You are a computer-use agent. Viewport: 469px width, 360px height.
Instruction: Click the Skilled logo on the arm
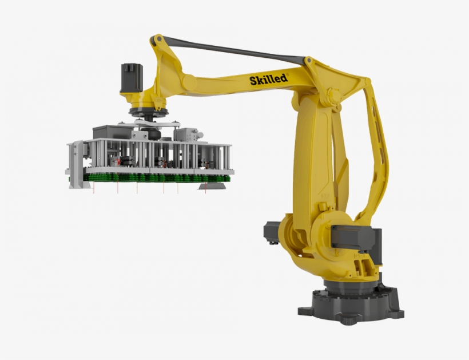tap(268, 80)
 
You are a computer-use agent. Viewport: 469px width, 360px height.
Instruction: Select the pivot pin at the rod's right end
tap(309, 60)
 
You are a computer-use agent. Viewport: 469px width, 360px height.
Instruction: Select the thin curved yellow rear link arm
tap(375, 160)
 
